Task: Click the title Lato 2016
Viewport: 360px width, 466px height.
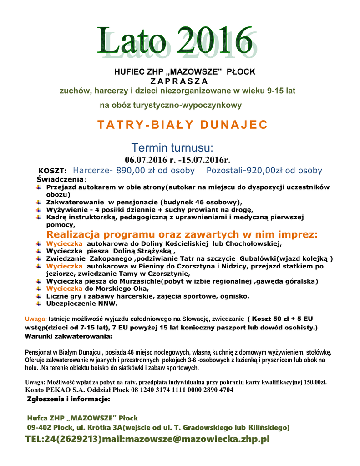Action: coord(175,42)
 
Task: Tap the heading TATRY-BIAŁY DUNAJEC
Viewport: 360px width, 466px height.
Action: coord(182,125)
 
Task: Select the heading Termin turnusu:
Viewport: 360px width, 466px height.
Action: coord(172,147)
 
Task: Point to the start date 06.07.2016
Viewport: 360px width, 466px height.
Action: coord(147,159)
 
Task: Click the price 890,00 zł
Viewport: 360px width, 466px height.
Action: coord(136,171)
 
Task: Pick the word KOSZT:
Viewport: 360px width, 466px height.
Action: coord(52,171)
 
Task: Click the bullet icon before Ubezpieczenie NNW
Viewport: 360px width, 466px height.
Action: coord(39,304)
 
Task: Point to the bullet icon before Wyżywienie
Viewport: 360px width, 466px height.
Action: coord(39,210)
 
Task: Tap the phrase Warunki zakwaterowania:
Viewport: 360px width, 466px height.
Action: coord(68,336)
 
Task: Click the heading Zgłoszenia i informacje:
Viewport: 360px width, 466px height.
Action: coord(68,400)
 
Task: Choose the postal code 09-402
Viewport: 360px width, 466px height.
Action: coord(39,427)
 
